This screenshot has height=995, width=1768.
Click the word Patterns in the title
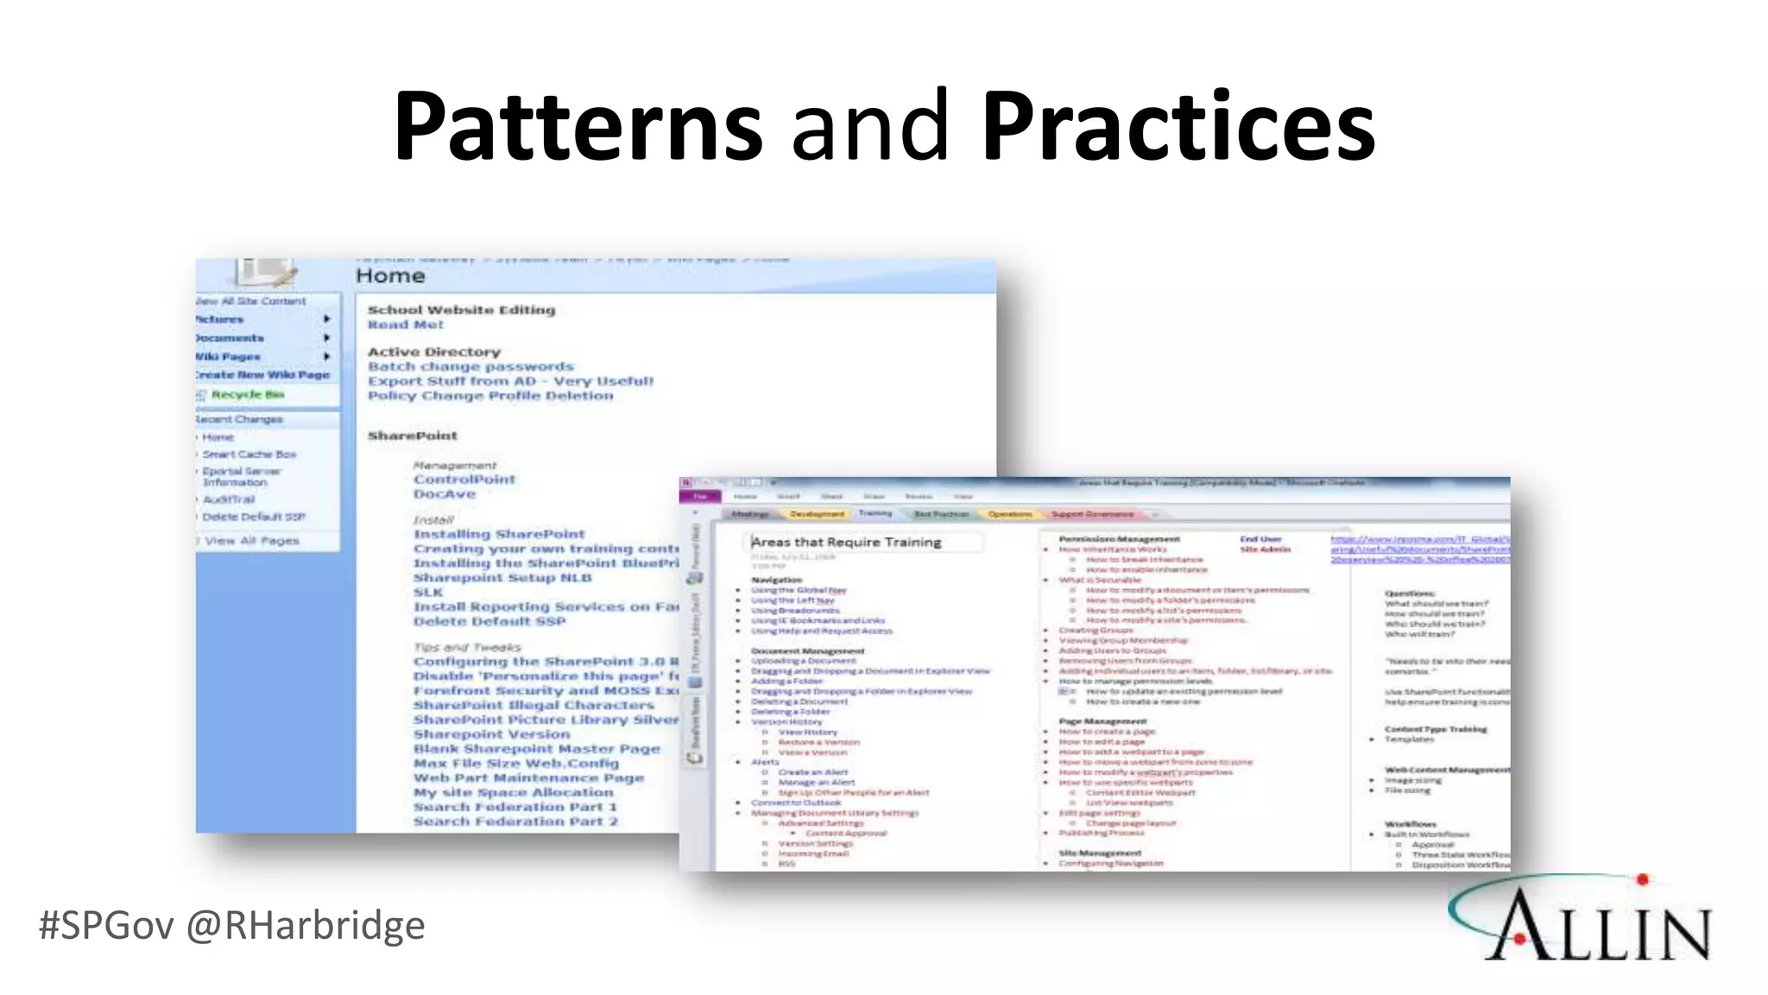point(578,126)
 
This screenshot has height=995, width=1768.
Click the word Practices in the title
point(1178,126)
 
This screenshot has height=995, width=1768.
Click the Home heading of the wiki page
point(390,276)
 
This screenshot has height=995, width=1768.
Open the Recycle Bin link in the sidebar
point(247,395)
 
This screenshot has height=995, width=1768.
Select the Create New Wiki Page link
point(262,375)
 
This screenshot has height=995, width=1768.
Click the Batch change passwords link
point(470,367)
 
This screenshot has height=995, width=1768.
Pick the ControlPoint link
point(464,479)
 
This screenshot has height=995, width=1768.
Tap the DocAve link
point(445,494)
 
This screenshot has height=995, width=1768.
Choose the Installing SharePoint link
point(498,535)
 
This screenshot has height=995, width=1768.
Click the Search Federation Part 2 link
point(515,821)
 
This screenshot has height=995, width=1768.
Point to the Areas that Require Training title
point(846,542)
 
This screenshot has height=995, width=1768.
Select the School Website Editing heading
point(461,310)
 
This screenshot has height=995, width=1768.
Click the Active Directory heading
point(433,352)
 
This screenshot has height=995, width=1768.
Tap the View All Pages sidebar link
point(251,541)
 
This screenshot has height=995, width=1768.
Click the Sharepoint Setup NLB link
point(502,578)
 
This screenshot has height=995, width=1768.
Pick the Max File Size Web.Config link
point(515,764)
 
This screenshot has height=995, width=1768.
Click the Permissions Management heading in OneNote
point(1119,539)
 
